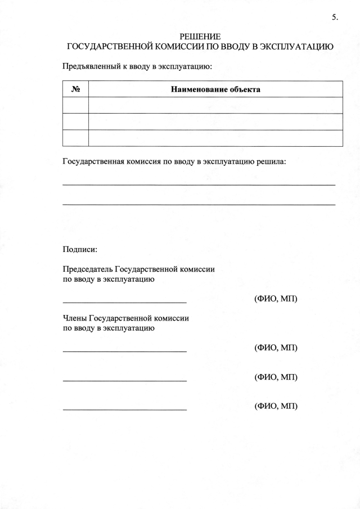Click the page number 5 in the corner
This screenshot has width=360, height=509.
(x=335, y=17)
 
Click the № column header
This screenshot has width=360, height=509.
(x=75, y=89)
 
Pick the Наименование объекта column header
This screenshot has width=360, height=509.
(x=215, y=89)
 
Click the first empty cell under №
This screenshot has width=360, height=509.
(x=75, y=105)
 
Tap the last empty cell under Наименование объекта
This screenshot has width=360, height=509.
(x=215, y=138)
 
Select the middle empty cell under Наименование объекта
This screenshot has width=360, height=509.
(x=215, y=121)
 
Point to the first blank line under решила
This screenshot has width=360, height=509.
(x=199, y=184)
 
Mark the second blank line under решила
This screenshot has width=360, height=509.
(x=199, y=204)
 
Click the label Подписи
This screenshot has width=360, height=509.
(x=80, y=249)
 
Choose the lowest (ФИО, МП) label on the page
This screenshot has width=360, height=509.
(x=276, y=406)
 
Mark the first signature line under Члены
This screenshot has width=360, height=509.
(x=124, y=352)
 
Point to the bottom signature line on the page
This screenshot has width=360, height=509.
(x=124, y=409)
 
